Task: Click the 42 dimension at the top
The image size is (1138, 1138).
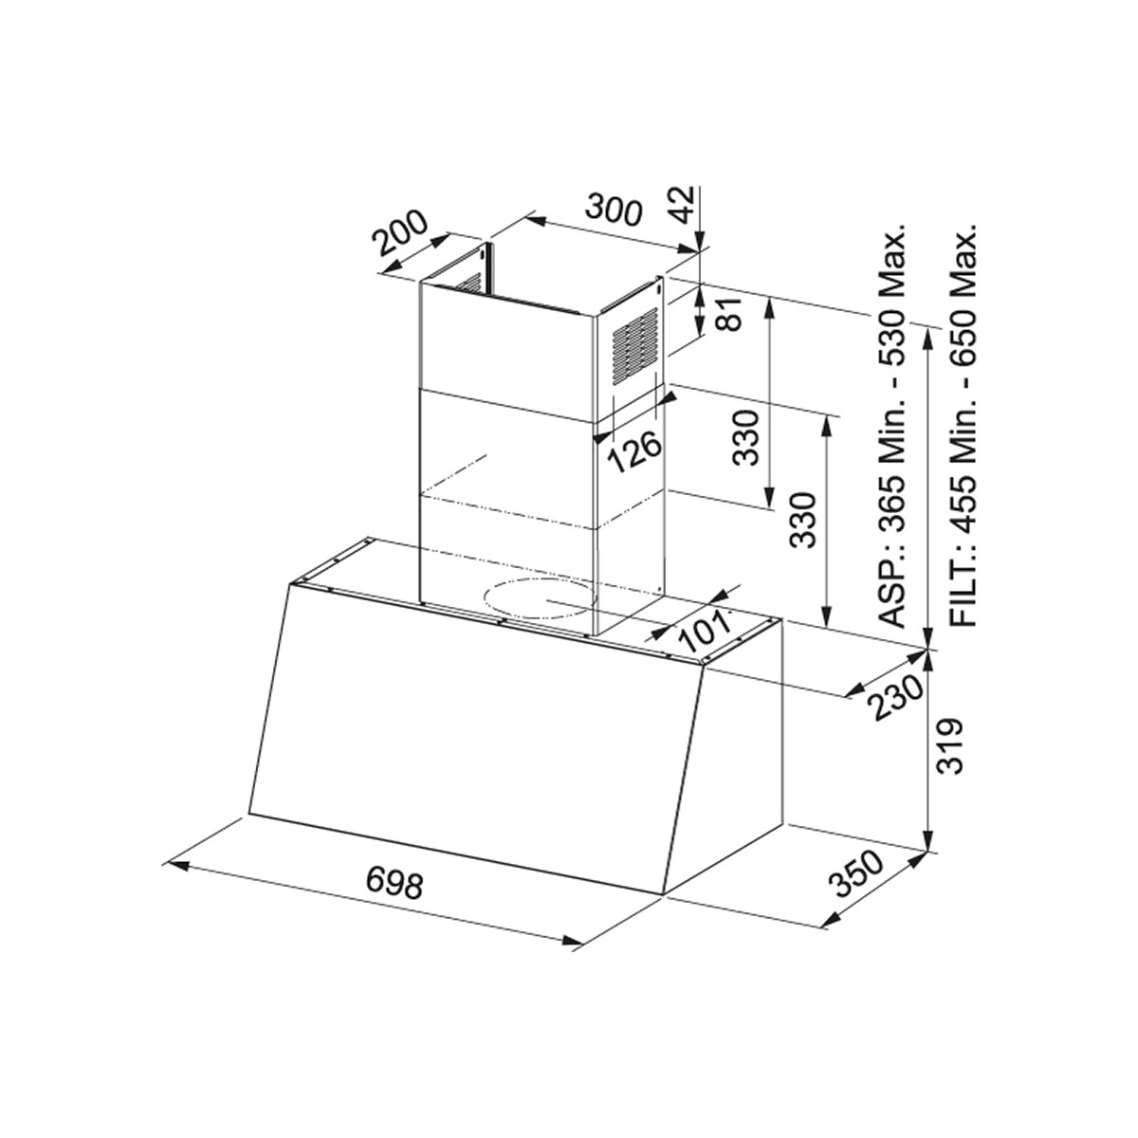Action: tap(685, 206)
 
